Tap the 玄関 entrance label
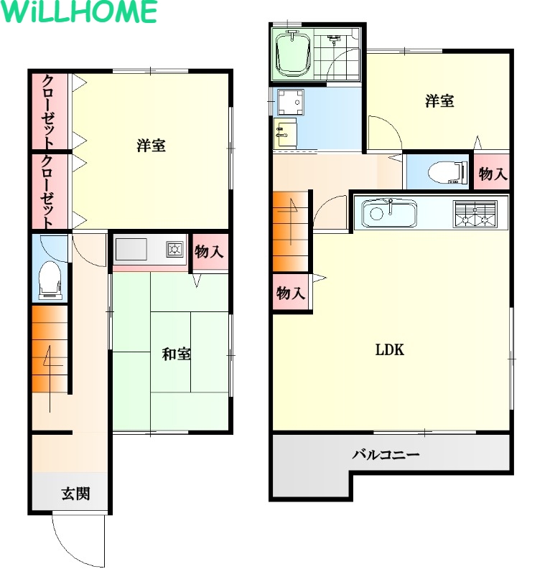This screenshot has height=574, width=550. click(75, 494)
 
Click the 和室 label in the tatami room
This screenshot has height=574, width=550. click(176, 354)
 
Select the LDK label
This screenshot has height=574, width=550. click(390, 350)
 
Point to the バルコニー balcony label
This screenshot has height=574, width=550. click(386, 455)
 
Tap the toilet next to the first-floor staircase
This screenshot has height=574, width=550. click(50, 280)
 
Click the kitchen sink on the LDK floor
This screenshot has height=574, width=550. click(389, 213)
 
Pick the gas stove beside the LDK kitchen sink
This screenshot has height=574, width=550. click(475, 214)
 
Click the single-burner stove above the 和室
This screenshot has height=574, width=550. click(174, 249)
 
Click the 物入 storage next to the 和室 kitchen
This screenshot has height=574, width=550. click(209, 252)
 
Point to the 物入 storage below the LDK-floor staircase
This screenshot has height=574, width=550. click(291, 293)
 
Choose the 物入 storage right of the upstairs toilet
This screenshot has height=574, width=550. click(492, 173)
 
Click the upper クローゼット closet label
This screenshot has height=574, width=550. click(49, 111)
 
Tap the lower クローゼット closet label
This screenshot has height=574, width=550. click(49, 192)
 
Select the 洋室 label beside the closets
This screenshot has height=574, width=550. click(151, 146)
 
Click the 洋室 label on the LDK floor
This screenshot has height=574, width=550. click(439, 100)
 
